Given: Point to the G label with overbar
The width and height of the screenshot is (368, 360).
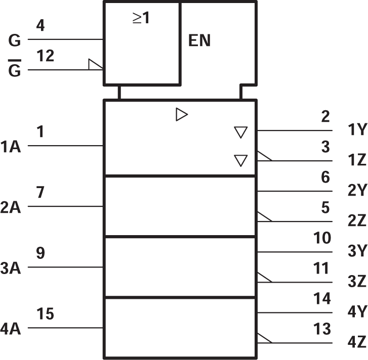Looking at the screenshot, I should click(16, 70).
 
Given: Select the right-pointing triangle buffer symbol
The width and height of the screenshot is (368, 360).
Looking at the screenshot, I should click(181, 115).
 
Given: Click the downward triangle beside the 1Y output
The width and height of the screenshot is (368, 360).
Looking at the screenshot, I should click(241, 133).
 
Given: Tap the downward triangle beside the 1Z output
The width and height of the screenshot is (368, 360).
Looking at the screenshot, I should click(241, 161).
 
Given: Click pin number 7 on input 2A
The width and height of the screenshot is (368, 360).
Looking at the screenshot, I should click(41, 193).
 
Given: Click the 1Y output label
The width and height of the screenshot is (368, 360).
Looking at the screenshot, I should click(357, 130).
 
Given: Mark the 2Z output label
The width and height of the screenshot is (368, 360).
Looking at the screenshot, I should click(357, 221).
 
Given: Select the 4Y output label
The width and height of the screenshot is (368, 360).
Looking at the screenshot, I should click(357, 312).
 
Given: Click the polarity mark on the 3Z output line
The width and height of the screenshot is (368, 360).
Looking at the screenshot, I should click(264, 278).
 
